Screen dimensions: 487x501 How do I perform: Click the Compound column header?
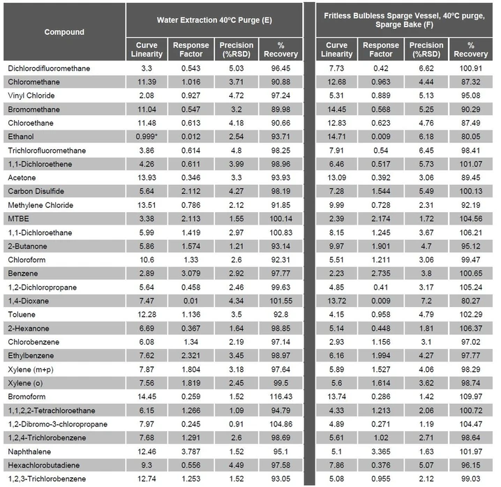click(64, 31)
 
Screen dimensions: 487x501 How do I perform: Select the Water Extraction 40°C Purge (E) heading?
click(214, 20)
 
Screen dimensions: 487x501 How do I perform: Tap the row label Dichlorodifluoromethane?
click(49, 69)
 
